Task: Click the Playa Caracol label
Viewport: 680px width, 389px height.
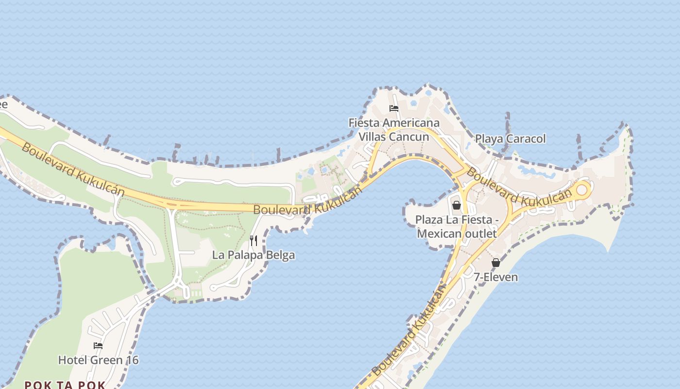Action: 510,139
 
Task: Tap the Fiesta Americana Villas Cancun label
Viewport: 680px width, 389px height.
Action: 394,130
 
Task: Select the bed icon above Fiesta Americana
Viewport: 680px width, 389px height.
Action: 394,108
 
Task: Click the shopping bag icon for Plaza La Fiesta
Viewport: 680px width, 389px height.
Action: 456,205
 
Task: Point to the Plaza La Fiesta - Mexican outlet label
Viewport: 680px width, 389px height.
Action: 457,227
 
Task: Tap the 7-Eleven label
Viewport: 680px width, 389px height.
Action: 495,277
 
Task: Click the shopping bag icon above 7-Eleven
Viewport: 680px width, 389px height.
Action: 495,263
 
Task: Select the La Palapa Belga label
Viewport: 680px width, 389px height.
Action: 254,255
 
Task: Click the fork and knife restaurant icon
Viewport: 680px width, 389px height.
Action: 254,240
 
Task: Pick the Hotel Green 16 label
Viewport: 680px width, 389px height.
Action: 98,360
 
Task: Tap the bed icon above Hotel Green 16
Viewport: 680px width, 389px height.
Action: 98,346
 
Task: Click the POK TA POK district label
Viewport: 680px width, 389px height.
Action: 65,385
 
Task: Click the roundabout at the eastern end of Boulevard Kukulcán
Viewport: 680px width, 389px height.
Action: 581,190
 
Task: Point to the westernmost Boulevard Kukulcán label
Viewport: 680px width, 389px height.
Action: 73,170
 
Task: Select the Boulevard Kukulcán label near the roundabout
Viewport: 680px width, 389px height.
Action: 519,187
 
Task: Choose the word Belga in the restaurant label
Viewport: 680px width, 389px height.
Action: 281,255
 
